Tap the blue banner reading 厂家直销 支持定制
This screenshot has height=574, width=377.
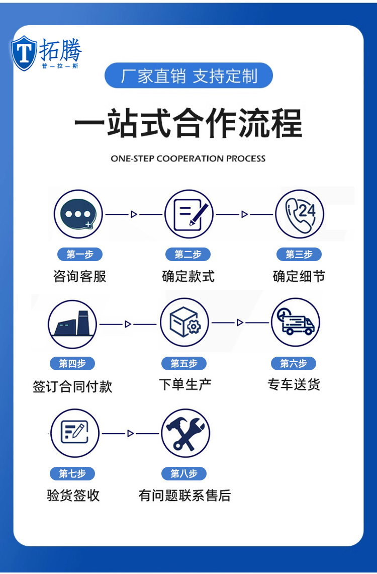tap(189, 76)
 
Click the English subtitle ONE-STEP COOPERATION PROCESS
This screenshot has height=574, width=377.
tap(188, 158)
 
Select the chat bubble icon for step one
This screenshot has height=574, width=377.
tap(78, 214)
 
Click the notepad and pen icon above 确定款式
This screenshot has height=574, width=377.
tap(189, 214)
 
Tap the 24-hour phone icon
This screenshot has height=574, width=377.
tap(300, 214)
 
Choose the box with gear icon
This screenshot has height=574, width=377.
tap(184, 322)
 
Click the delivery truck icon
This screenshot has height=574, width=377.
tap(296, 322)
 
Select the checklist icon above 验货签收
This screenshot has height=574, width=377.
tap(75, 433)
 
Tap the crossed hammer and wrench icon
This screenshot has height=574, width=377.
tap(185, 433)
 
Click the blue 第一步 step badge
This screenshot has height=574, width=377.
tap(79, 255)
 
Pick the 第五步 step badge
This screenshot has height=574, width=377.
tap(184, 363)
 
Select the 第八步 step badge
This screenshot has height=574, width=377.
tap(184, 473)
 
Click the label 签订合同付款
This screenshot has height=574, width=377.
tap(72, 386)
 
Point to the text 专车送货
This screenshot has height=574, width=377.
tap(294, 385)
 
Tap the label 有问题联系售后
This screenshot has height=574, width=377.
tap(184, 496)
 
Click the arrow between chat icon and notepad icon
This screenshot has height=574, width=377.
tap(134, 214)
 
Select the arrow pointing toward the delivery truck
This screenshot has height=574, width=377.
tap(240, 322)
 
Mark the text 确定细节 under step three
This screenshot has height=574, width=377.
tap(299, 276)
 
